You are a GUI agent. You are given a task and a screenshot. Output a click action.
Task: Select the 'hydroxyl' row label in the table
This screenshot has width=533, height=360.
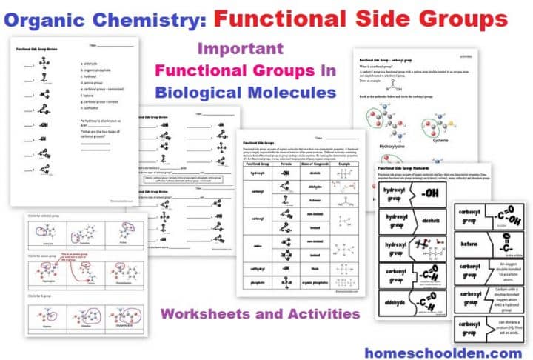(x=256, y=173)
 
